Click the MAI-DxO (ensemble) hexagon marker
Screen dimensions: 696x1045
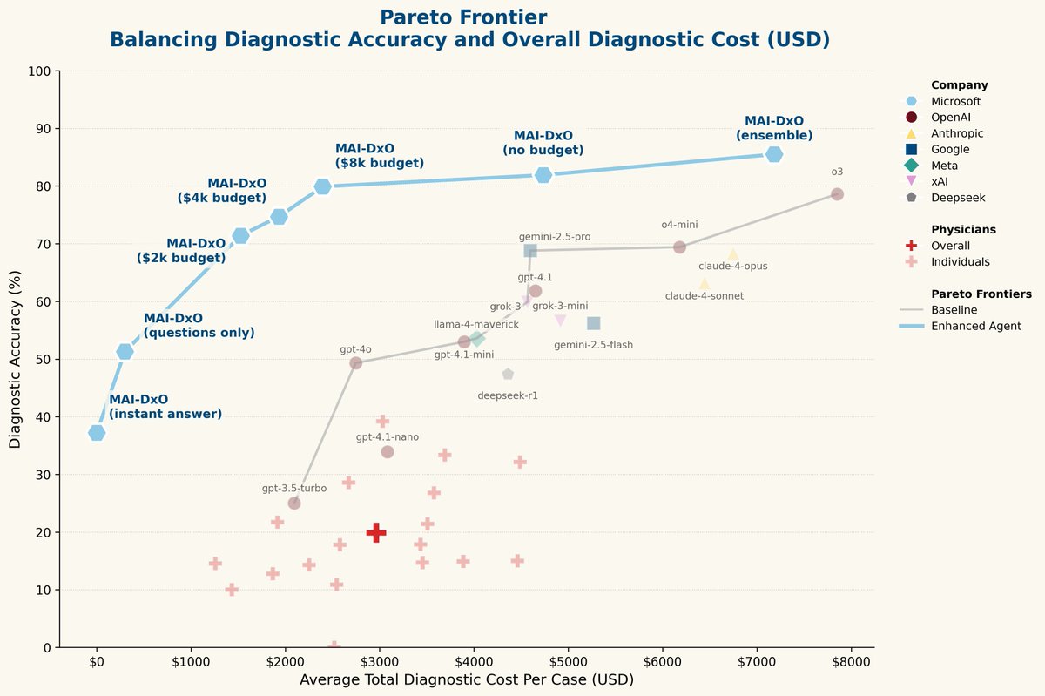pos(773,154)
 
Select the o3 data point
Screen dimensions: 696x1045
pos(837,194)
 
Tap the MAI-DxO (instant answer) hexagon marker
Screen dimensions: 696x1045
pos(97,433)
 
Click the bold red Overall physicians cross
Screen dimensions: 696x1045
pos(376,532)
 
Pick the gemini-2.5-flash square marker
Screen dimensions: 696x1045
pos(594,323)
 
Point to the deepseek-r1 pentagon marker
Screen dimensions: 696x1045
pos(508,375)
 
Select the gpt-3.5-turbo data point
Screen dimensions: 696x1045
pos(294,503)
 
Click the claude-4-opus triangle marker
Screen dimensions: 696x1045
pos(733,253)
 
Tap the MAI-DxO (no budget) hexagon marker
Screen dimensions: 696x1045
pos(543,175)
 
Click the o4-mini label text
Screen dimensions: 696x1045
pos(679,225)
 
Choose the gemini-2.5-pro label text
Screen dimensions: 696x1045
pos(555,237)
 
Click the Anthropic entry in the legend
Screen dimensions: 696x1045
pos(957,133)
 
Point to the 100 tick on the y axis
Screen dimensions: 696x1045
pos(40,71)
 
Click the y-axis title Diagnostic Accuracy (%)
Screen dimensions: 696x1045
pos(15,358)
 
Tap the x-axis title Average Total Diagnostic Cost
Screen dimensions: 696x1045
pos(466,679)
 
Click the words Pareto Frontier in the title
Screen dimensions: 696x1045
pos(464,17)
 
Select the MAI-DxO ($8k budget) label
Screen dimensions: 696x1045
pos(379,155)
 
